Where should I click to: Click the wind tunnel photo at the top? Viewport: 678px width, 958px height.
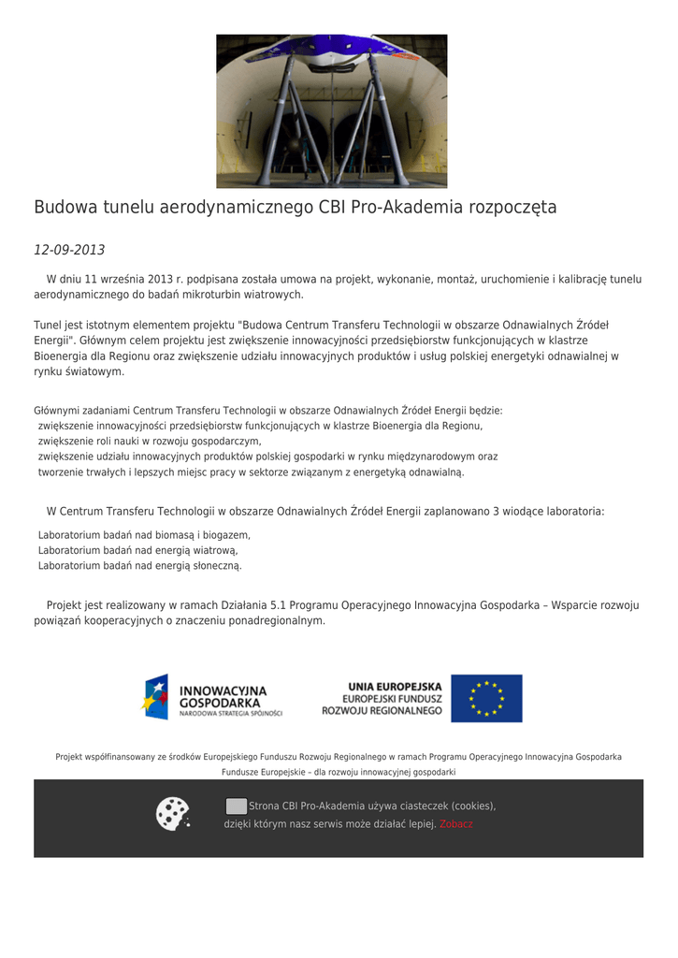(x=331, y=111)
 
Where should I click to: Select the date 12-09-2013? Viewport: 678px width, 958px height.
(x=69, y=250)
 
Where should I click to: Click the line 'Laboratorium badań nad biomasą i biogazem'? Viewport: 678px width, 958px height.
(x=144, y=535)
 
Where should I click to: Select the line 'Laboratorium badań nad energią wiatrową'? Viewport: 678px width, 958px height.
(x=137, y=550)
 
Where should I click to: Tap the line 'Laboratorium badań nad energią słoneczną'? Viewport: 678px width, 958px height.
(x=139, y=566)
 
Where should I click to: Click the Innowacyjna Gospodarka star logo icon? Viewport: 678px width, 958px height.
(x=155, y=697)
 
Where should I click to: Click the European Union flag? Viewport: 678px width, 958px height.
(x=486, y=698)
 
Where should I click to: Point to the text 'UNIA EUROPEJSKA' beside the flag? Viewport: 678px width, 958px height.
(x=395, y=686)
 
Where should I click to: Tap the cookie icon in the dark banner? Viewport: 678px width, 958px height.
(x=173, y=813)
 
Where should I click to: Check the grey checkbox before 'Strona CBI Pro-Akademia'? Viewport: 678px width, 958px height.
(x=237, y=806)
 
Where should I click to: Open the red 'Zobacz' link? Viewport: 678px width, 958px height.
(x=456, y=824)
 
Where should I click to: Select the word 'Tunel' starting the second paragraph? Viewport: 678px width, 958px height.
(x=50, y=325)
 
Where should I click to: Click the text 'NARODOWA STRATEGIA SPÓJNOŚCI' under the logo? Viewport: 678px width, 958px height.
(x=231, y=714)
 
